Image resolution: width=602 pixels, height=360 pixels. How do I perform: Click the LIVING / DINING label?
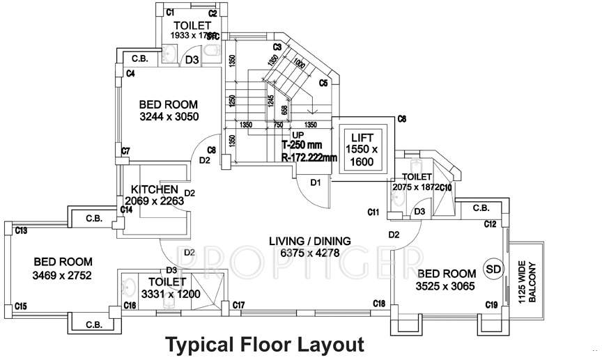click(x=309, y=241)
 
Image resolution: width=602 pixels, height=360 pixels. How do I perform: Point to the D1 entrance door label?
click(x=316, y=183)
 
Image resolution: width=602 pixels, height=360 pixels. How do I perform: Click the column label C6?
click(x=401, y=120)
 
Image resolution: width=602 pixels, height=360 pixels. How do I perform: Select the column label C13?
click(x=21, y=230)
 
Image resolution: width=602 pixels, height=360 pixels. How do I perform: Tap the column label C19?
click(x=491, y=305)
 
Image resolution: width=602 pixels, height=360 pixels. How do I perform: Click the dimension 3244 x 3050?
click(x=168, y=117)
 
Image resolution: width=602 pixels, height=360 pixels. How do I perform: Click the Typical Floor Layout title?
click(x=264, y=344)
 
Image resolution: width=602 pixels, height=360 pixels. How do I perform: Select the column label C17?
click(x=238, y=305)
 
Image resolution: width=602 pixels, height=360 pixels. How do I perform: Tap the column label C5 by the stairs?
click(x=323, y=84)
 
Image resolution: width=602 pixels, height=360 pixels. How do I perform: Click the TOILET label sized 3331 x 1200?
click(x=168, y=282)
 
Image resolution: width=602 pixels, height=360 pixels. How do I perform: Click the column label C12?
click(x=491, y=224)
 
